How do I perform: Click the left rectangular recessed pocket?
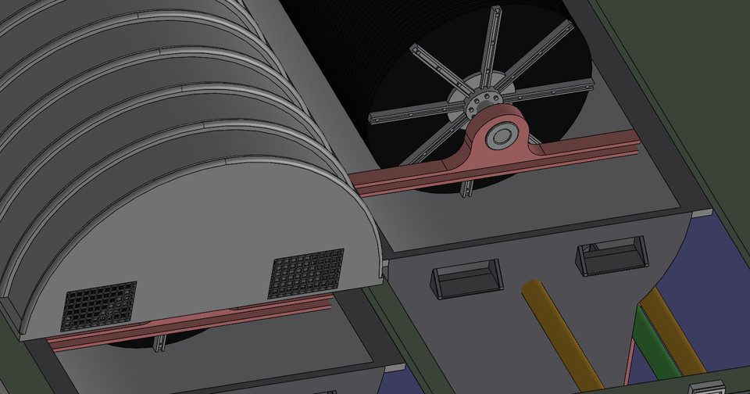(467, 280)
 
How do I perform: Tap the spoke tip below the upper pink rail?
(466, 189)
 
